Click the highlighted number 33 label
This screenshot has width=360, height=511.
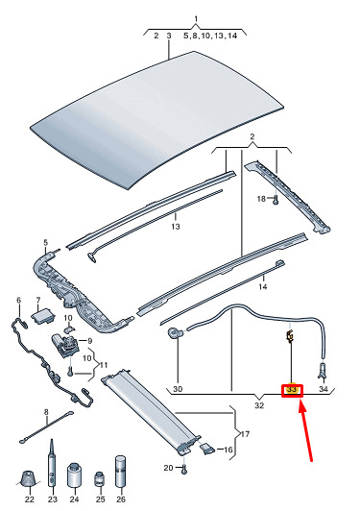coord(292,390)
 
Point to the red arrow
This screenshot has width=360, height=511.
coord(305,431)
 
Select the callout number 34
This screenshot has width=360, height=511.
coord(324,389)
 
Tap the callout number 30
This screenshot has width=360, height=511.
coord(178,389)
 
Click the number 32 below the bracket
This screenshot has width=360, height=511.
coord(259,405)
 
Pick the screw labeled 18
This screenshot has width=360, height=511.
coord(276,200)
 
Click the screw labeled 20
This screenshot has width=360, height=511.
coord(184,470)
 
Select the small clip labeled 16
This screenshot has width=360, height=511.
coord(207,449)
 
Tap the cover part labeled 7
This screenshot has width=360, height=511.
coord(42,317)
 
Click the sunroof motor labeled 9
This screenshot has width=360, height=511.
coord(65,346)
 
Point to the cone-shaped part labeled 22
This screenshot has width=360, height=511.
coord(29,479)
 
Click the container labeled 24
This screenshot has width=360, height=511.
coord(75,474)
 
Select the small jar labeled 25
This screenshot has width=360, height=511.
coord(99,479)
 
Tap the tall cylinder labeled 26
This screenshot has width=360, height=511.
coord(121,472)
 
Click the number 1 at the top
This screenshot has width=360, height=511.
coord(196,18)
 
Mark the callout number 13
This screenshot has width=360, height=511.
coord(176,226)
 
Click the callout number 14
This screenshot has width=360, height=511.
coord(263,286)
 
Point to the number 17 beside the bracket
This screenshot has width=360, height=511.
coord(245,434)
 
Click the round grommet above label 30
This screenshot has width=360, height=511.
coord(175,333)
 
